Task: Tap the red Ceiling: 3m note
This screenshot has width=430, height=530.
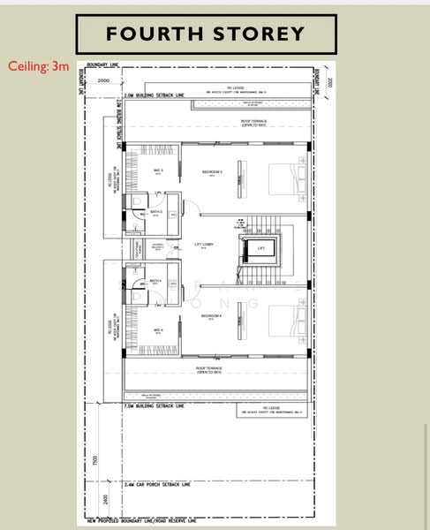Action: click(x=37, y=66)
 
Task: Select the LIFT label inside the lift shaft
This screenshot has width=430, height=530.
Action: click(x=260, y=249)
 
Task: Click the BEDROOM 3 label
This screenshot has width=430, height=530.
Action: click(x=212, y=171)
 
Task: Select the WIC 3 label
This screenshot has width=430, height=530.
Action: click(x=159, y=170)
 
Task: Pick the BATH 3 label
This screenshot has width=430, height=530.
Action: click(x=155, y=211)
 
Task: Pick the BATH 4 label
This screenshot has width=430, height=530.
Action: click(x=155, y=281)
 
